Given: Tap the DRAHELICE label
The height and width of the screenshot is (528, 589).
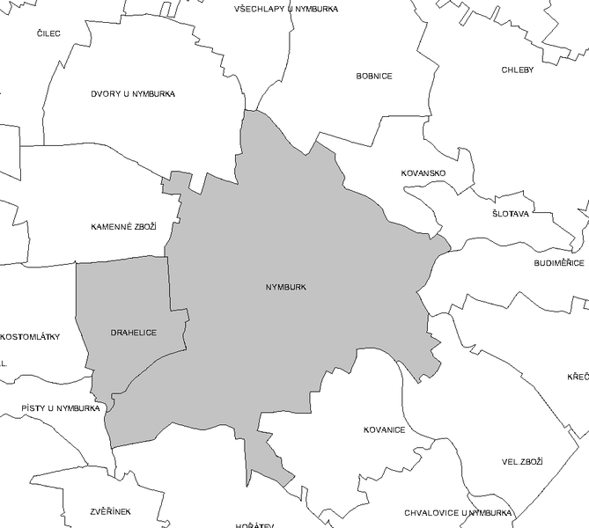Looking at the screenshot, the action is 134,333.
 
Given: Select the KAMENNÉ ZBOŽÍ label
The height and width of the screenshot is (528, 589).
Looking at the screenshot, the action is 123,227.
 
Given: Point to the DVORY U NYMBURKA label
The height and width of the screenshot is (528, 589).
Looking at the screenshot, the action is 133,93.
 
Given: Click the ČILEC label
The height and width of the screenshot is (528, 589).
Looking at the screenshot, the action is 48,33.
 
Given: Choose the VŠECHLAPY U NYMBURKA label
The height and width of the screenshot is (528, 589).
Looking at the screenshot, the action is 286,9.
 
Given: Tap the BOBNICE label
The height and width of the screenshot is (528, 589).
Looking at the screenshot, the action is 374,76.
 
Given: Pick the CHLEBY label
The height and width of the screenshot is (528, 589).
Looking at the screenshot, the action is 518,70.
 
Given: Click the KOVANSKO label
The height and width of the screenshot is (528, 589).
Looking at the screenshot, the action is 423,172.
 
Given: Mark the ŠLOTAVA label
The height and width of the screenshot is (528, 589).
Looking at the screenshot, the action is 511,214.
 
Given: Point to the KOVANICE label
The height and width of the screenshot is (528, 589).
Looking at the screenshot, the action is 384,429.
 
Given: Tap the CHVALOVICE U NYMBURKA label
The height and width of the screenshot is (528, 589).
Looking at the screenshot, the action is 457,511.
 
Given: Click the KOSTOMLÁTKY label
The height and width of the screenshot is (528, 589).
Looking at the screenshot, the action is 31,336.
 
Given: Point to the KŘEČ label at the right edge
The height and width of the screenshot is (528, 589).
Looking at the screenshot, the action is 578,377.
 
